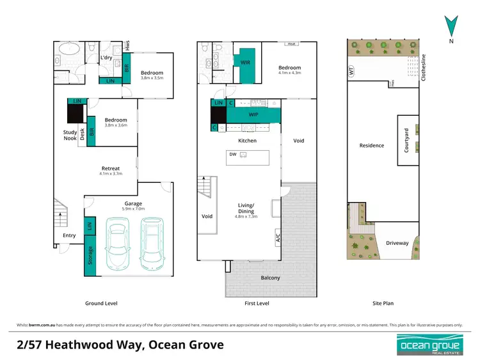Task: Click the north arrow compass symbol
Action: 452,26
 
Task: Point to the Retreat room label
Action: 110,169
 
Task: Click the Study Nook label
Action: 70,135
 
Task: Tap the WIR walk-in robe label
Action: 245,63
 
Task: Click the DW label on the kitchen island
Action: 232,153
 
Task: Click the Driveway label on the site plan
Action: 397,243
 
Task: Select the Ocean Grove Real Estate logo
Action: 429,345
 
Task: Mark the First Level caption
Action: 257,303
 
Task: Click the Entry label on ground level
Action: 69,235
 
